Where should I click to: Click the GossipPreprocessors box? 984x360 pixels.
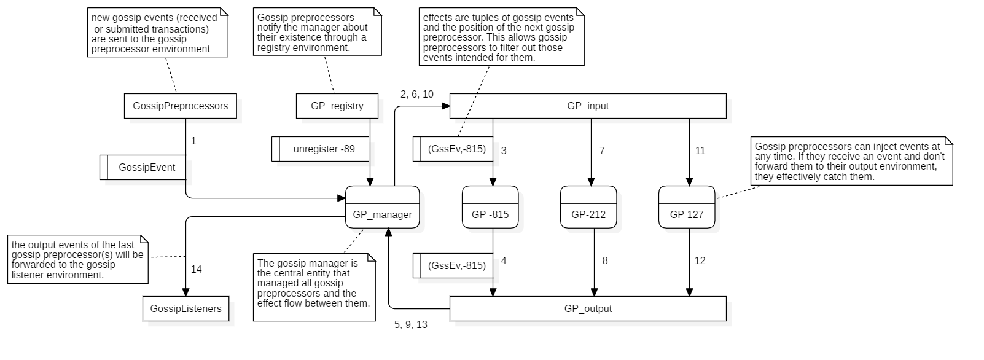(180, 106)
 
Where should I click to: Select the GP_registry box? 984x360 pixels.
(337, 106)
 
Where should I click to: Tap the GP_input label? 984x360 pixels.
(588, 106)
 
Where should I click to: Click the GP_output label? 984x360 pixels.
(588, 308)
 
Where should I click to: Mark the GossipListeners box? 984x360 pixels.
(185, 308)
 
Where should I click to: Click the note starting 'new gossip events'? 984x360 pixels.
(158, 33)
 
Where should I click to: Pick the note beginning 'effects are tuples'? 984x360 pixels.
(501, 37)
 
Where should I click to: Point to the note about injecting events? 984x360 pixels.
(851, 162)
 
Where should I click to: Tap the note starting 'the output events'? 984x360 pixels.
(78, 259)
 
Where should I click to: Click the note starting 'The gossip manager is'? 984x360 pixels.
(314, 287)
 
